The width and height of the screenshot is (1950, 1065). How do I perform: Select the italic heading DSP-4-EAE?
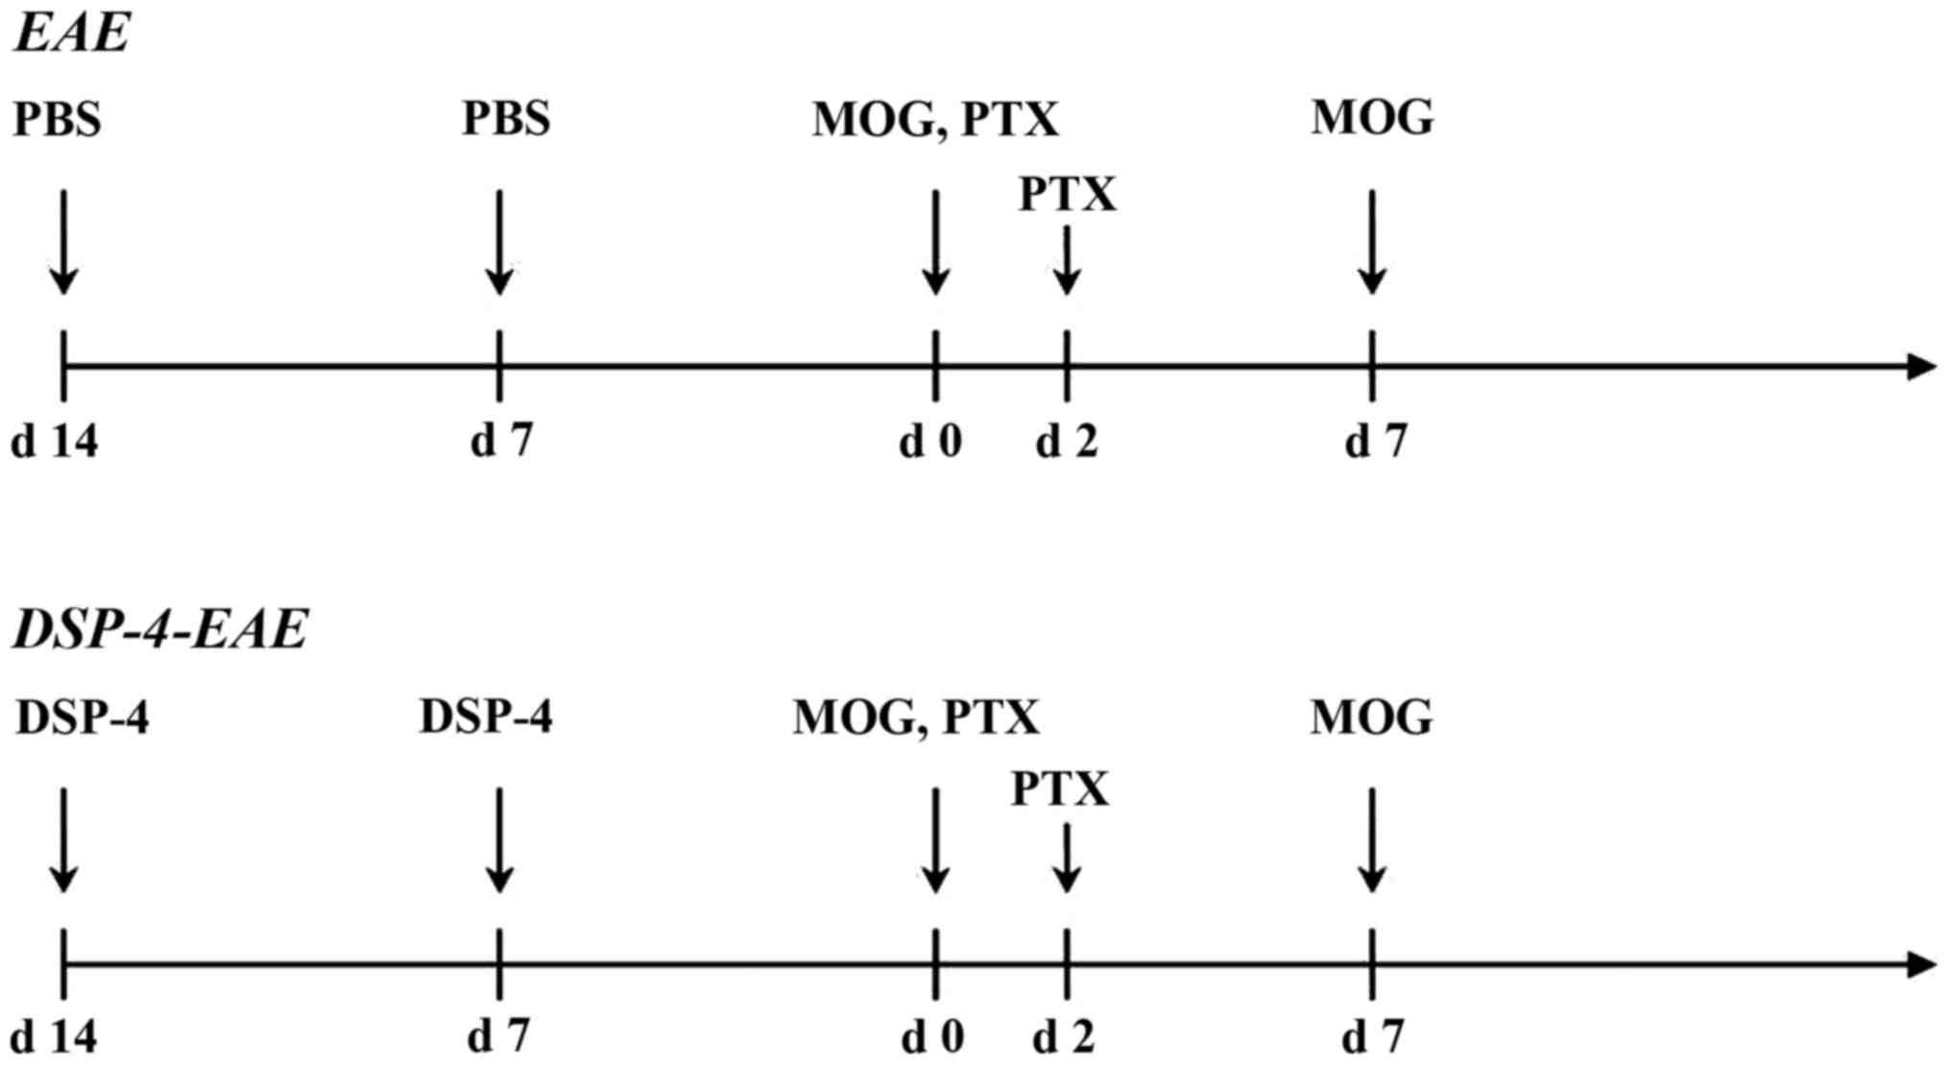point(159,630)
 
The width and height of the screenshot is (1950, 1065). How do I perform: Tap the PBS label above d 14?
point(57,119)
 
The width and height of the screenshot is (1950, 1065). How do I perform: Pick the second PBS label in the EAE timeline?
point(506,119)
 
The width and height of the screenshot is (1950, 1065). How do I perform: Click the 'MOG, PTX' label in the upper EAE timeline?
point(935,120)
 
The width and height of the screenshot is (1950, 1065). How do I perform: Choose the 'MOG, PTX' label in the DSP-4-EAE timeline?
point(915,717)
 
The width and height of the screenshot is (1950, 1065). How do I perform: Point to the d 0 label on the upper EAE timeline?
point(930,442)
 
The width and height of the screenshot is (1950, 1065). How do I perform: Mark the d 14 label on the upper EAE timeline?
point(54,442)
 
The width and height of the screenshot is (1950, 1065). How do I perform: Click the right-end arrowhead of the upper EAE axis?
point(1921,366)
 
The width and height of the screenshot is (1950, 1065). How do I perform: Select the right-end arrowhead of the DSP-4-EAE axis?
point(1921,964)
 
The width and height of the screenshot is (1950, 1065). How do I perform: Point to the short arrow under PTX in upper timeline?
point(1067,261)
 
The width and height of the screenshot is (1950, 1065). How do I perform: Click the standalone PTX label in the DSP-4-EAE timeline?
point(1060,789)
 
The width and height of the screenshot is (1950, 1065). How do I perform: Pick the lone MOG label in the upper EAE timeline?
point(1372,118)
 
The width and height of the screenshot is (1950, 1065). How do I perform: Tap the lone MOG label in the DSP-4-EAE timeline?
point(1371,717)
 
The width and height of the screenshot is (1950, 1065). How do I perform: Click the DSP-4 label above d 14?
point(83,717)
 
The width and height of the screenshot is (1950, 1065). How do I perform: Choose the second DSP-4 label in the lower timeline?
point(486,717)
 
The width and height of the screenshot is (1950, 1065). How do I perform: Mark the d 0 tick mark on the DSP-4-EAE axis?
point(935,963)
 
